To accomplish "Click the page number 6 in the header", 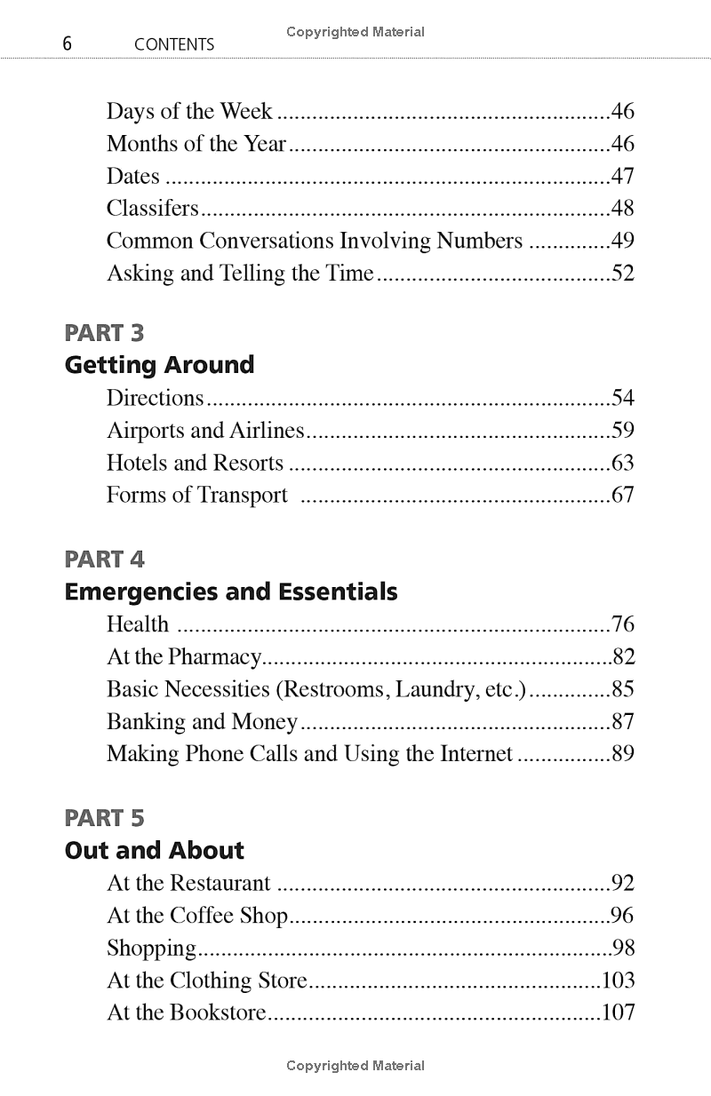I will click(x=68, y=44).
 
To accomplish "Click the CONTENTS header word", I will click(x=174, y=44).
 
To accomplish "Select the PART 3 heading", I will click(x=104, y=333).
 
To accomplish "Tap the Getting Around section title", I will click(x=159, y=365).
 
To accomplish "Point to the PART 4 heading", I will click(x=104, y=560).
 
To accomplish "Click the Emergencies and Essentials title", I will click(x=231, y=592).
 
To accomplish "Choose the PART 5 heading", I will click(x=104, y=818).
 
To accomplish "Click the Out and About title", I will click(x=154, y=850).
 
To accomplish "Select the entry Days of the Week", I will click(x=189, y=111).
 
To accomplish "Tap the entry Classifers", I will click(x=152, y=209).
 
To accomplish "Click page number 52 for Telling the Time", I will click(x=622, y=273).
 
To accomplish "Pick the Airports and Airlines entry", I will click(x=205, y=431).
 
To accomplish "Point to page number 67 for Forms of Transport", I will click(x=622, y=495).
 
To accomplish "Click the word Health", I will click(x=137, y=624).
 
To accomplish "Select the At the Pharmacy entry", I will click(x=184, y=657).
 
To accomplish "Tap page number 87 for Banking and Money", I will click(x=622, y=722).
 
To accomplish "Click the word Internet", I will click(x=472, y=754).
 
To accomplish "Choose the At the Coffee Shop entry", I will click(x=197, y=916).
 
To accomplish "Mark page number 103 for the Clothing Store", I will click(x=618, y=981).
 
